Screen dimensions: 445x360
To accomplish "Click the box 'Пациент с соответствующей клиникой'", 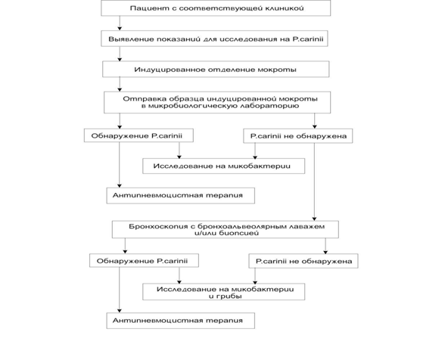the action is click(x=216, y=8).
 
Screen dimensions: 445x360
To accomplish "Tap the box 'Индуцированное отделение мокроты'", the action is click(x=216, y=69).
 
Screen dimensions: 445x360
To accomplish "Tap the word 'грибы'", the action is click(x=230, y=296).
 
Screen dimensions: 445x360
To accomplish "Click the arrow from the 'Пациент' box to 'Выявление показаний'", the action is click(x=120, y=23).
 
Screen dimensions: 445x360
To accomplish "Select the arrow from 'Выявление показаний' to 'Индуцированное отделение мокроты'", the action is click(x=120, y=54).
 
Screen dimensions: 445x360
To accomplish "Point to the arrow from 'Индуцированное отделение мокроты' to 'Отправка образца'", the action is click(x=120, y=84).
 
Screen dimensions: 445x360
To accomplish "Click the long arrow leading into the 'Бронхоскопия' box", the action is click(x=314, y=182).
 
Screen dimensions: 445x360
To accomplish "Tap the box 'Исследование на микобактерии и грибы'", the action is click(x=224, y=292).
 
